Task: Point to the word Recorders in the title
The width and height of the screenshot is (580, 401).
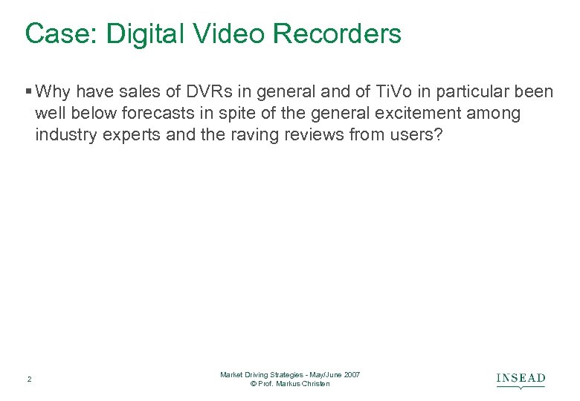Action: point(339,34)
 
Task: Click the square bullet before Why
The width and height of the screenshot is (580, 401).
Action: point(28,92)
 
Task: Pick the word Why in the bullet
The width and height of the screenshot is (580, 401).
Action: point(52,92)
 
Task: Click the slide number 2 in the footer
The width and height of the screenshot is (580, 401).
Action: point(29,379)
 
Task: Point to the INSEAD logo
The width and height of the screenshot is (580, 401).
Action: point(521,379)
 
